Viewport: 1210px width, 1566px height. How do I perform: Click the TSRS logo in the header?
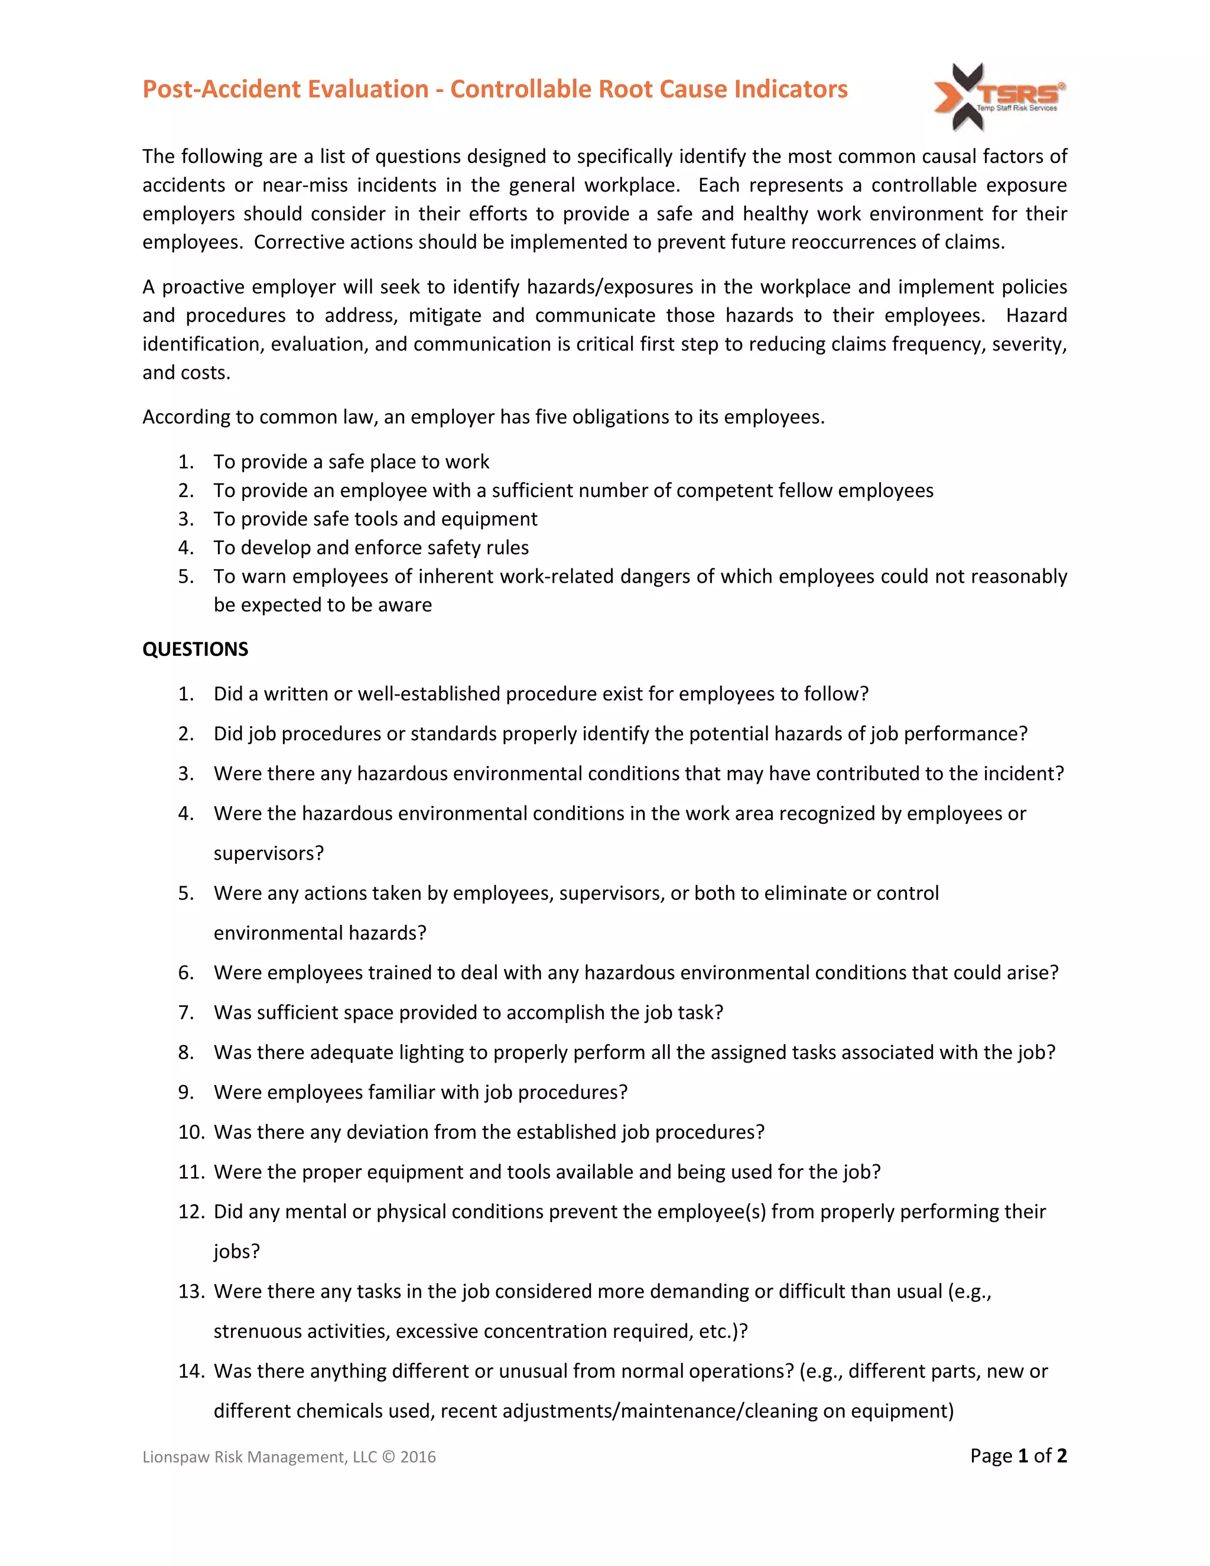[x=998, y=97]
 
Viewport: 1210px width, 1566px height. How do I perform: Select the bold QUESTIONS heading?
[x=195, y=649]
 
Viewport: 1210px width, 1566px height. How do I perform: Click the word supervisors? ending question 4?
[x=269, y=853]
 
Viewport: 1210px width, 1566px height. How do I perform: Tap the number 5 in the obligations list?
[x=185, y=577]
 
